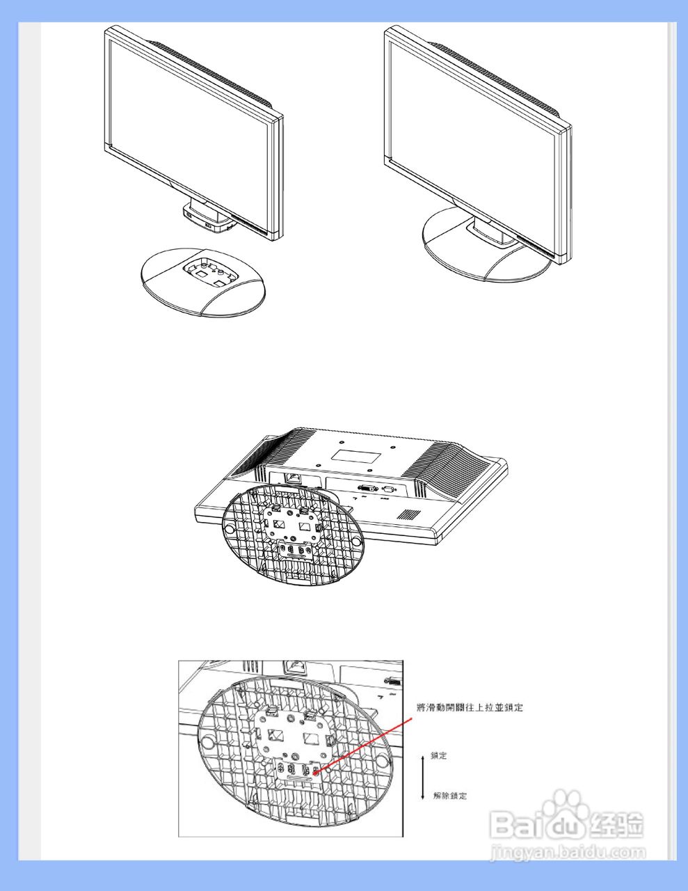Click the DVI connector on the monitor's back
[x=368, y=489]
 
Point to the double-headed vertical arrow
[x=422, y=775]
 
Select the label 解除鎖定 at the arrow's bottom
[x=449, y=796]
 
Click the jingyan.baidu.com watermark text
[x=567, y=851]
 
